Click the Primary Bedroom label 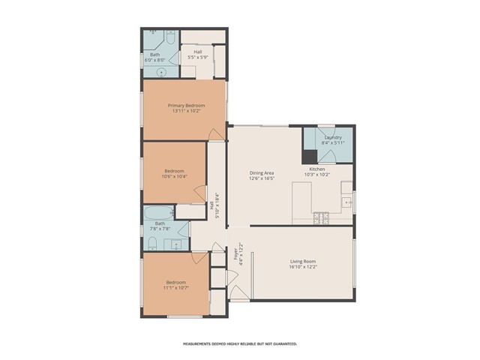click(185, 106)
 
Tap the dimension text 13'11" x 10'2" click(185, 112)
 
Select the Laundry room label click(333, 137)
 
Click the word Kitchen click(317, 169)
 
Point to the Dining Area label click(262, 173)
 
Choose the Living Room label click(304, 261)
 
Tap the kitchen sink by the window click(347, 201)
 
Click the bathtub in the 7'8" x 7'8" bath click(160, 211)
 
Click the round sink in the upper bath click(160, 73)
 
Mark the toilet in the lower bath click(151, 242)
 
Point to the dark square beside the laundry click(309, 157)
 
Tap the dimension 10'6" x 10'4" click(175, 177)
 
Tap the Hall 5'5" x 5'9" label click(197, 55)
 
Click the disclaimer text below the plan click(239, 343)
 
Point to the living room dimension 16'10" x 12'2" click(304, 267)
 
